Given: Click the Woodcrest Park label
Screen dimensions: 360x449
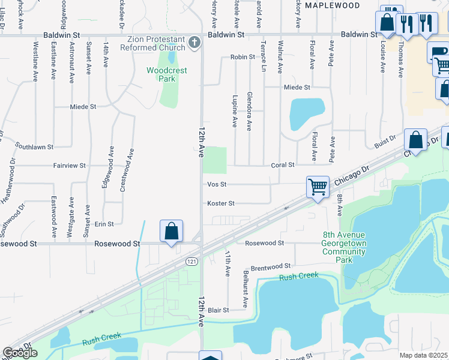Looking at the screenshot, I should tap(167, 74).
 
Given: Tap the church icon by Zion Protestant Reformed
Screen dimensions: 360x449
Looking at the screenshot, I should tap(193, 43).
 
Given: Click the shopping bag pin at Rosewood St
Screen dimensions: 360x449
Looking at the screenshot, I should tap(172, 232).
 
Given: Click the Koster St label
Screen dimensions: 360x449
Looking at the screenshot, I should tap(220, 203).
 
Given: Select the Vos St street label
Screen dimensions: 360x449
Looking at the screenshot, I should tap(217, 185).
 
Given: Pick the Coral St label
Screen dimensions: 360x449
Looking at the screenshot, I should tap(283, 165).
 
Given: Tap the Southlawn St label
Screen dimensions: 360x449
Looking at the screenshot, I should tap(34, 146).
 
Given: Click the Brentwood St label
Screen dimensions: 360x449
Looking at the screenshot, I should tap(270, 265).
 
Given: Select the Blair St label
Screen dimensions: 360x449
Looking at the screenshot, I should tap(218, 310).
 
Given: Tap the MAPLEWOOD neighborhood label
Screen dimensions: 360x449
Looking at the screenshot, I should tap(332, 5).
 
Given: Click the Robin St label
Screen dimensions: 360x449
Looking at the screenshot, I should tap(243, 57).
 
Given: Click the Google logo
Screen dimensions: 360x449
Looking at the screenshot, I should tap(20, 353).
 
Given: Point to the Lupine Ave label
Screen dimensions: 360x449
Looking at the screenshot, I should tap(235, 111).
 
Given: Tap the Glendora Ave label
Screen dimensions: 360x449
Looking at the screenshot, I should tap(249, 112).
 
